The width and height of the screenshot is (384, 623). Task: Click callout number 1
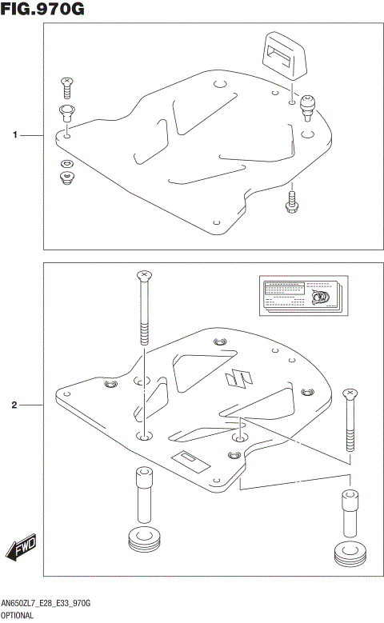click(x=15, y=136)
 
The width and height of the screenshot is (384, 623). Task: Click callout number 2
click(x=15, y=405)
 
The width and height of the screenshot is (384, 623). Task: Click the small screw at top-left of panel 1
click(x=67, y=84)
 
